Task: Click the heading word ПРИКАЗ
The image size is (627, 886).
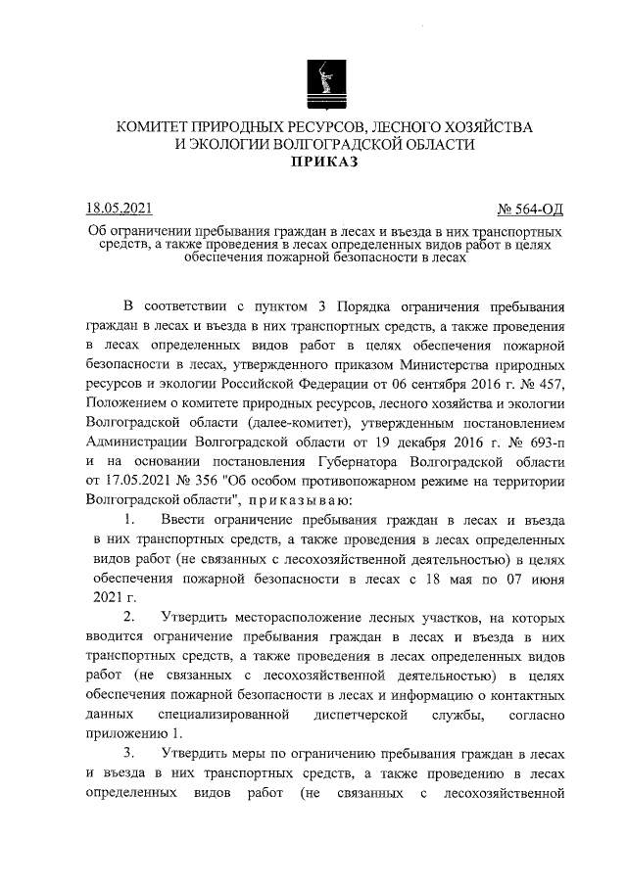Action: click(323, 163)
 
